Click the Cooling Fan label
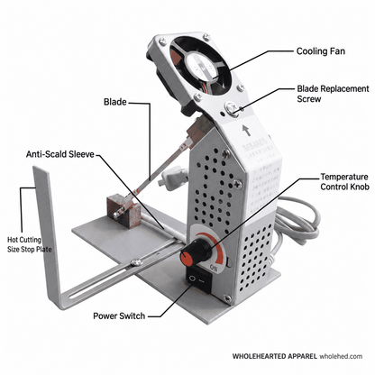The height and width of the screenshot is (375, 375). (321, 51)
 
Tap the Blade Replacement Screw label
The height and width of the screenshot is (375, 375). (333, 94)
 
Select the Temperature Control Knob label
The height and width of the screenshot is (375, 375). (344, 181)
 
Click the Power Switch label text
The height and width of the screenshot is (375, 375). (119, 316)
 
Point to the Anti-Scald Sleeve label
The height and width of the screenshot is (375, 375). (60, 154)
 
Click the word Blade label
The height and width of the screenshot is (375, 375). (115, 102)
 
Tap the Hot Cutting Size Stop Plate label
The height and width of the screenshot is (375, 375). (29, 244)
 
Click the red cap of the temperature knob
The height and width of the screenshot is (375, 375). (187, 258)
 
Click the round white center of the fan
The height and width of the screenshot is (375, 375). (201, 65)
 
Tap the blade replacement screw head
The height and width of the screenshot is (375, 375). (232, 107)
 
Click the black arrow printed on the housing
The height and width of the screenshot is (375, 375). (247, 130)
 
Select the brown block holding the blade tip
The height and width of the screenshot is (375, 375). (123, 210)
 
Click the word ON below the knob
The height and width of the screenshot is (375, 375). (214, 267)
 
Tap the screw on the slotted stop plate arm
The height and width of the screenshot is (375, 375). (137, 262)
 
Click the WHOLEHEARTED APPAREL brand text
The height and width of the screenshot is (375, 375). (275, 356)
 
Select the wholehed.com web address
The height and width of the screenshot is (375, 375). (341, 356)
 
